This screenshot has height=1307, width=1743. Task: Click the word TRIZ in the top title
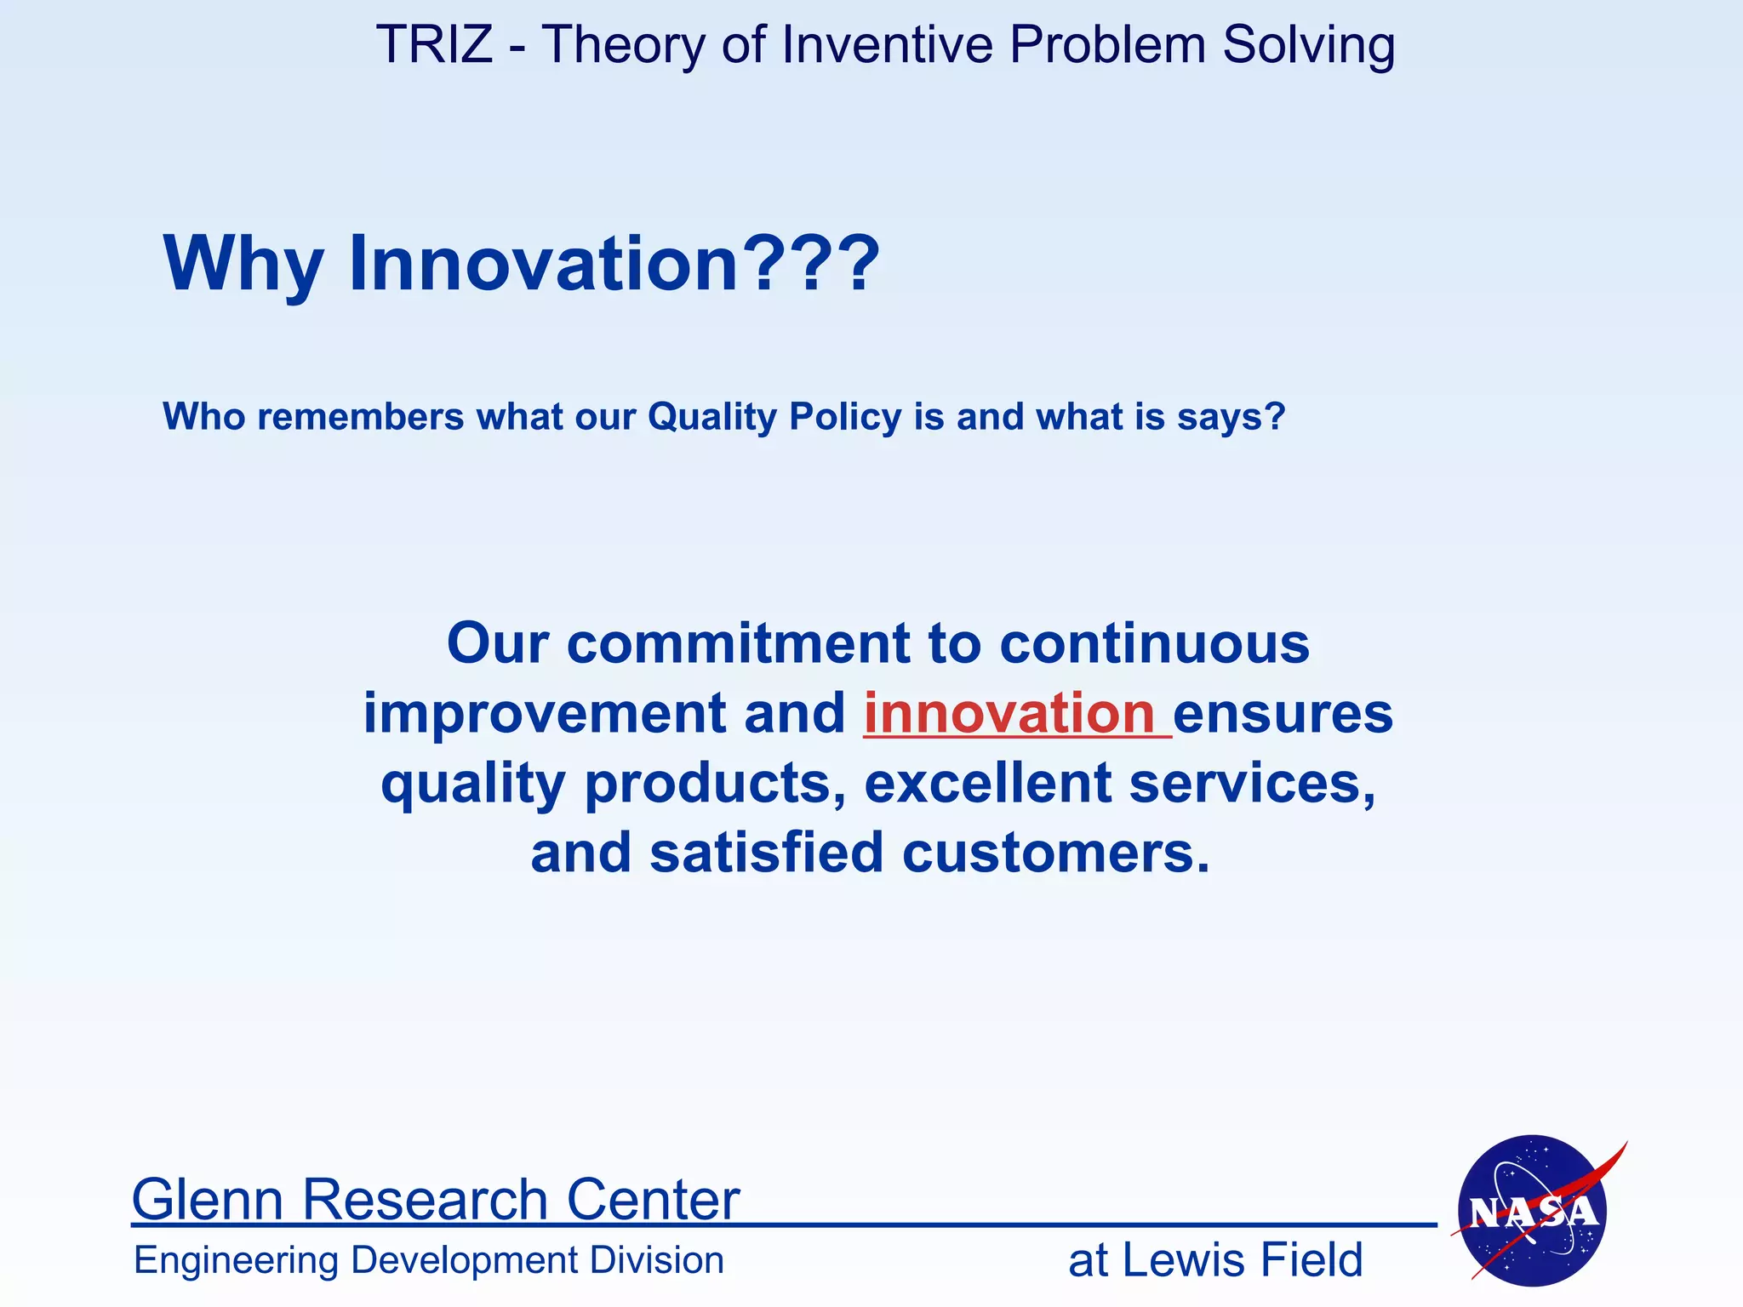[x=434, y=44]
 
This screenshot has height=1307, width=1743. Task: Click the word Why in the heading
[x=243, y=263]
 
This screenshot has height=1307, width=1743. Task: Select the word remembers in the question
[x=361, y=417]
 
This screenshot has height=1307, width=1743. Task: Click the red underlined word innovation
[x=1009, y=713]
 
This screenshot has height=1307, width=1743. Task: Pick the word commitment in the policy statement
[x=738, y=643]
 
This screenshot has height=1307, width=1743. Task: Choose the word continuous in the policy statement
[x=1154, y=643]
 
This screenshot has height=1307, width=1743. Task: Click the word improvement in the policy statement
[x=545, y=713]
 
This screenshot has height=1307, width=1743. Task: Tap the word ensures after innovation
[x=1283, y=713]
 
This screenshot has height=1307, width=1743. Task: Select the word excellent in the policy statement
[x=988, y=783]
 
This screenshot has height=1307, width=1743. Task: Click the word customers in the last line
[x=1055, y=853]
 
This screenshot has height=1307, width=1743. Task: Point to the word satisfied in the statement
[x=767, y=853]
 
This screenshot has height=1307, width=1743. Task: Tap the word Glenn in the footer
[x=207, y=1199]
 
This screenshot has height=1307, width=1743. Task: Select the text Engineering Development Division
[x=429, y=1260]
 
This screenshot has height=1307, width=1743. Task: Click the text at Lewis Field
[x=1215, y=1260]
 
